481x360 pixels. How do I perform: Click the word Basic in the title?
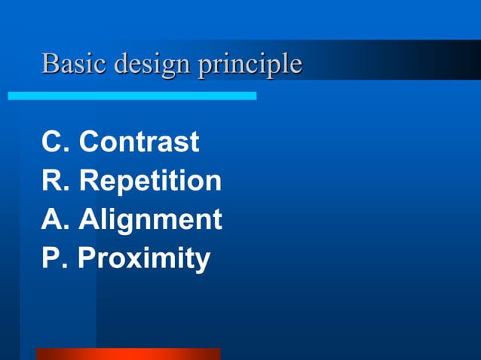74,63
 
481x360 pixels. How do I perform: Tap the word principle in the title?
250,65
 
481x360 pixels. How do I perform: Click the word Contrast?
139,142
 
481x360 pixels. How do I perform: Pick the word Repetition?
150,182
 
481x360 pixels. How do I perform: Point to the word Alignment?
150,221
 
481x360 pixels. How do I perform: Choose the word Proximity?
144,259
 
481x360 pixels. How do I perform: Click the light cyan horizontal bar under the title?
132,96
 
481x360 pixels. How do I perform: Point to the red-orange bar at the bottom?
128,354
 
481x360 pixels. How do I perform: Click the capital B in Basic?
50,63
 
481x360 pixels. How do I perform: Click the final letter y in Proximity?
201,262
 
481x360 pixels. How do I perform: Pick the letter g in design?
162,67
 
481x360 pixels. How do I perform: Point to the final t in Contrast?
194,142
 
